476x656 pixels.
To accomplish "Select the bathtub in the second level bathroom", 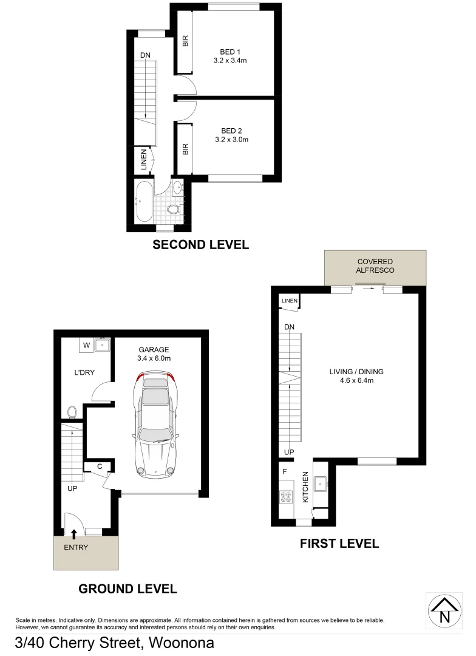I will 143,202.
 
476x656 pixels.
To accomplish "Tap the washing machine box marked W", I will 87,346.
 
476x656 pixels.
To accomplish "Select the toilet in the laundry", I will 72,412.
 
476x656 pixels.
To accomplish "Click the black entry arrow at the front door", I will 74,534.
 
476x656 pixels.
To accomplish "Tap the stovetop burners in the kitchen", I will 285,496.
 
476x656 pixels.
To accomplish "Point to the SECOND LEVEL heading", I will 200,245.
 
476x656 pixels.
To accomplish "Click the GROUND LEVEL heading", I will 127,589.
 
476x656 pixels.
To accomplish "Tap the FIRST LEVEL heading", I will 339,544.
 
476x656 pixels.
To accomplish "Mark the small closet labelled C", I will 100,466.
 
